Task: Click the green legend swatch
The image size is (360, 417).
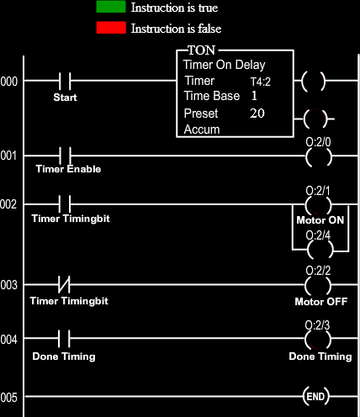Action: (111, 7)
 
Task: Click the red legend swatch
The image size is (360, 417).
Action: (111, 28)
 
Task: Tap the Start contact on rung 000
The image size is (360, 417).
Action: (65, 81)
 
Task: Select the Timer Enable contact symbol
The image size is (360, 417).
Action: (66, 156)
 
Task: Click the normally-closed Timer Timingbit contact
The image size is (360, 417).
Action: (64, 284)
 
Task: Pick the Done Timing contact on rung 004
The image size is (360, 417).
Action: (64, 338)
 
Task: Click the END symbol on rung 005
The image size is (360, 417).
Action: (315, 396)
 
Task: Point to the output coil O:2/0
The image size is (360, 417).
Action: (319, 157)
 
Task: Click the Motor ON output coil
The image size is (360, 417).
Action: (319, 205)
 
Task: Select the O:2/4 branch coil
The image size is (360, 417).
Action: (320, 250)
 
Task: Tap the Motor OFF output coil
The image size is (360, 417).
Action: (318, 286)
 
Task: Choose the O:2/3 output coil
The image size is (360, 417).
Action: (318, 340)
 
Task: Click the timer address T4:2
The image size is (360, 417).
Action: (261, 82)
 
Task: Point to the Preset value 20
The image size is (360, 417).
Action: (257, 113)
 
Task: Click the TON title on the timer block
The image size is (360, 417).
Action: (202, 50)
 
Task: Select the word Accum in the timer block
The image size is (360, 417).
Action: (202, 129)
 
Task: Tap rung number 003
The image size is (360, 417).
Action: (8, 285)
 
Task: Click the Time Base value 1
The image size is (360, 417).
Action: (254, 96)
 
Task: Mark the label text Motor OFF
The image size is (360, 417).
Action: (321, 302)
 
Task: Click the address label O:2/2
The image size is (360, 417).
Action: (318, 271)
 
